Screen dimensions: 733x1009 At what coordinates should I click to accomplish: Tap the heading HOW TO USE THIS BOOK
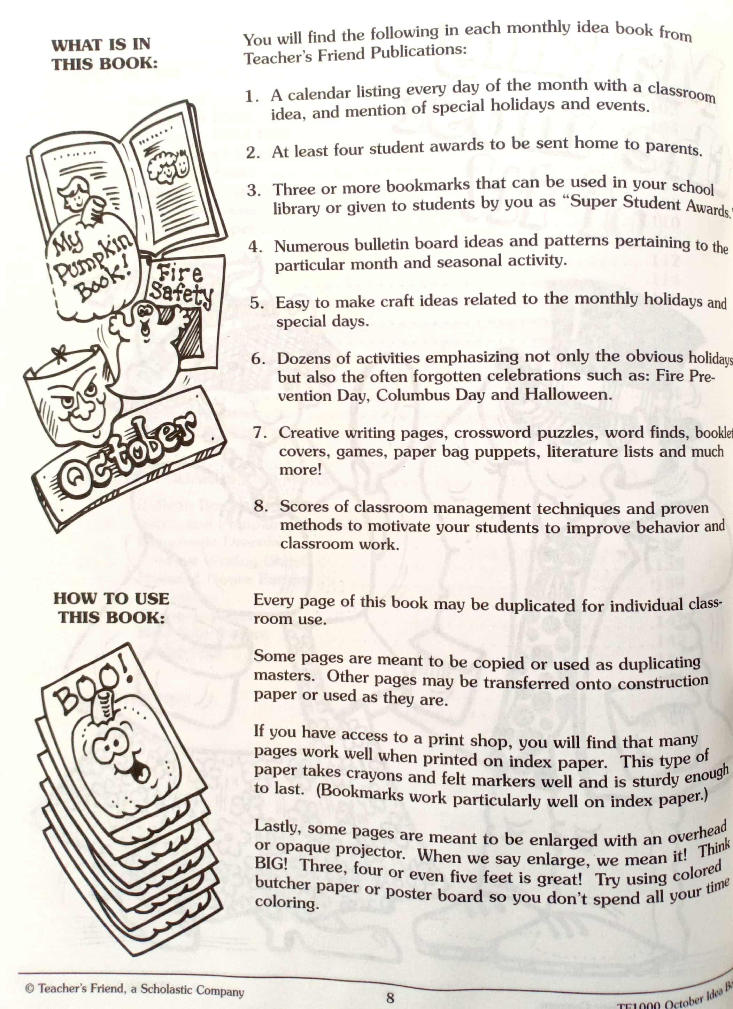tap(111, 607)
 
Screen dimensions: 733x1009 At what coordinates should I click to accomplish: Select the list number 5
tap(257, 303)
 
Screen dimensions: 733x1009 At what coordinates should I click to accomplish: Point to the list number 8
tap(261, 506)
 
